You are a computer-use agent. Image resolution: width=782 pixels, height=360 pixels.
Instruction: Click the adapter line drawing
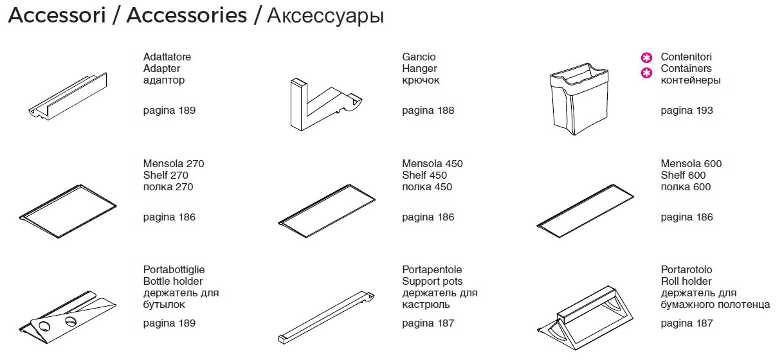[68, 97]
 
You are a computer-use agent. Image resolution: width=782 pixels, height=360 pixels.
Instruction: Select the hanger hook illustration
[325, 105]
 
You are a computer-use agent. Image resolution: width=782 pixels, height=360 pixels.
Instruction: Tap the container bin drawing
[579, 99]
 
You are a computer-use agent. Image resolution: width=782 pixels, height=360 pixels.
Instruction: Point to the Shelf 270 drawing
[68, 212]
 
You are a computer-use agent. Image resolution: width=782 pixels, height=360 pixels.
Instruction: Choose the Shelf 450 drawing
[327, 211]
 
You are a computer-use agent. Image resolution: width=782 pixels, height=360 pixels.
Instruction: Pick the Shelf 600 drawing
[585, 211]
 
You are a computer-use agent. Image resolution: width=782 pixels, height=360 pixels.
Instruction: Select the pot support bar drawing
[327, 318]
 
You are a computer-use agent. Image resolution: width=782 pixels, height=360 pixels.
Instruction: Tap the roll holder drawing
[585, 318]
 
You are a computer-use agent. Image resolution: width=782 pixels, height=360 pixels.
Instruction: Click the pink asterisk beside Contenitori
[646, 58]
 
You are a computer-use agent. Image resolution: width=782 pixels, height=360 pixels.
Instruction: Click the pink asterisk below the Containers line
[646, 73]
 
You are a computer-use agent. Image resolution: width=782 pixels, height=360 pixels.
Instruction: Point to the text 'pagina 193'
[687, 111]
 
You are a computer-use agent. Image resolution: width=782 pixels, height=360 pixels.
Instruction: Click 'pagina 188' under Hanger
[428, 111]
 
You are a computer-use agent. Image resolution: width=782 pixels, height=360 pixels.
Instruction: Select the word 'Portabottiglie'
[174, 269]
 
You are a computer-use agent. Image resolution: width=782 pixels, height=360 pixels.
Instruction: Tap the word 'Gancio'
[419, 57]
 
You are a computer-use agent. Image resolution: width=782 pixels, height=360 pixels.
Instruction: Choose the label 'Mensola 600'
[691, 163]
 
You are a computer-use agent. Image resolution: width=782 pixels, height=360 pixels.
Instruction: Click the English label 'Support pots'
[432, 282]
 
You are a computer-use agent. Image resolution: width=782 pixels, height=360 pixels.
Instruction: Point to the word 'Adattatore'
[167, 57]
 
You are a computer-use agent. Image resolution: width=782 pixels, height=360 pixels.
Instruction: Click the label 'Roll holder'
[686, 281]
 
